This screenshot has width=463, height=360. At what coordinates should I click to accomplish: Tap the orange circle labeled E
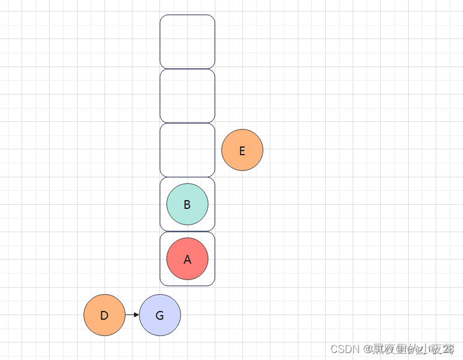point(242,150)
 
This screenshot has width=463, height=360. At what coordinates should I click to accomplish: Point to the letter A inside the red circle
point(187,260)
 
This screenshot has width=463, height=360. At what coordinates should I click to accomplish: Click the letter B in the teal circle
point(187,205)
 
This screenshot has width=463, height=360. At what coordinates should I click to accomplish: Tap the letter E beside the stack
point(242,151)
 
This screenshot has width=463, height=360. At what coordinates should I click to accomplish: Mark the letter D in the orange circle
point(105,316)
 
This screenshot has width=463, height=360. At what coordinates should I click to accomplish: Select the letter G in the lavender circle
point(160,316)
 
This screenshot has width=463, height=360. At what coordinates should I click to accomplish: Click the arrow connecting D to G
point(131,315)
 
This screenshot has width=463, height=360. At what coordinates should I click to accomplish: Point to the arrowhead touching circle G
point(137,315)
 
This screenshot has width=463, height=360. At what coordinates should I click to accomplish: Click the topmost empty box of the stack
point(187,41)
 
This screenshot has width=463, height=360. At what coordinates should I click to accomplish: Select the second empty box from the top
point(187,96)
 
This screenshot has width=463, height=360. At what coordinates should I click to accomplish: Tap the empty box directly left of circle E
point(187,150)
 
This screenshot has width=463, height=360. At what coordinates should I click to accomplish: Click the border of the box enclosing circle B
point(160,204)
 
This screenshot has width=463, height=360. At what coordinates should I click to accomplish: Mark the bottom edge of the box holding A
point(187,285)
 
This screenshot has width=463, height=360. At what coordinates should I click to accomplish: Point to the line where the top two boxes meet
point(187,69)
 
